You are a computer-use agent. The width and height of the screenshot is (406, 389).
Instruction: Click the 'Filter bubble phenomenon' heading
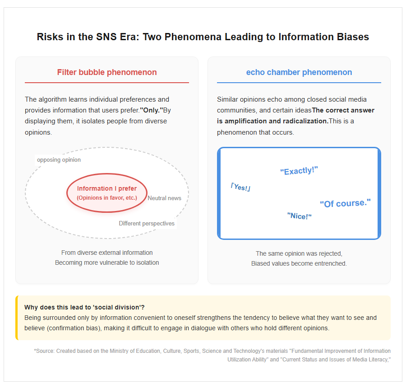[107, 72]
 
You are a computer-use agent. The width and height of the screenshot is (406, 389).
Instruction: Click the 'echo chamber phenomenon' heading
[299, 72]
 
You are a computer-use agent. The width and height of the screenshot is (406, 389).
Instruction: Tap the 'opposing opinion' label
[59, 160]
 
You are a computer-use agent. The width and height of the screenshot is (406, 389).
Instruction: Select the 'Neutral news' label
[164, 198]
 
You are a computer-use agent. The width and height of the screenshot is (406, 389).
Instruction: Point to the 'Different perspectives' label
[147, 224]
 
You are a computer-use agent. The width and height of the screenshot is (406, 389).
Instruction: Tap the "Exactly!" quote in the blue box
[299, 171]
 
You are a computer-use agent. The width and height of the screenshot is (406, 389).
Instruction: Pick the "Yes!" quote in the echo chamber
[240, 187]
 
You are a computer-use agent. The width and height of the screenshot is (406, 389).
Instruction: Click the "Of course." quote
[345, 203]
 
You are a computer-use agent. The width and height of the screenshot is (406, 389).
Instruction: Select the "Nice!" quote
[300, 216]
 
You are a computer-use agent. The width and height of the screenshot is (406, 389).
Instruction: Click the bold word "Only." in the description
[152, 110]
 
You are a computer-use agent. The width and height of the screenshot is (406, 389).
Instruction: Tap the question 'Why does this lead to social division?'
[84, 307]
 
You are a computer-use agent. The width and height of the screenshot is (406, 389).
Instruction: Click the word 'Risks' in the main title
[50, 37]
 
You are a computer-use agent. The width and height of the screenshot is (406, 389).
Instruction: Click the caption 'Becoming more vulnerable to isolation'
[107, 262]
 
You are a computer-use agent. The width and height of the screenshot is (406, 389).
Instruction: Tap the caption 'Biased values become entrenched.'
[299, 263]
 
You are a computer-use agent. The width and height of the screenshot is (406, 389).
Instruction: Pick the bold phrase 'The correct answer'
[343, 110]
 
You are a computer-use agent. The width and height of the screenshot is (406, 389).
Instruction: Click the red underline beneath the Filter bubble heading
[107, 83]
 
